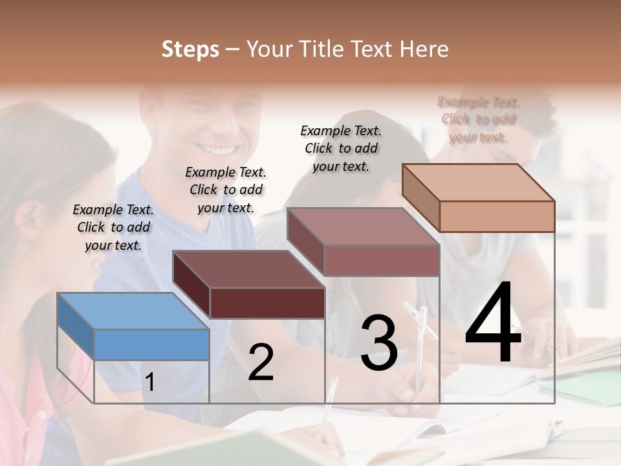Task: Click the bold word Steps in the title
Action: click(190, 49)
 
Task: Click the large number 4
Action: click(494, 324)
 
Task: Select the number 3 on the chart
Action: click(379, 344)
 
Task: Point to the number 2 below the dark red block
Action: click(261, 363)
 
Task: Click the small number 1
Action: click(149, 383)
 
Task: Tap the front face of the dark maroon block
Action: click(267, 303)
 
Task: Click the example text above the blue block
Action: click(113, 227)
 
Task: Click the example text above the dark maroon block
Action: click(226, 190)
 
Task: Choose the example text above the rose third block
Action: click(341, 148)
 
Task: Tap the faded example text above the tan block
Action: click(478, 119)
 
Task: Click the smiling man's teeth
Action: click(218, 150)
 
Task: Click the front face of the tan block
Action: click(497, 216)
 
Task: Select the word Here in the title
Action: click(425, 49)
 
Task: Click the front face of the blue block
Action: click(151, 344)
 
